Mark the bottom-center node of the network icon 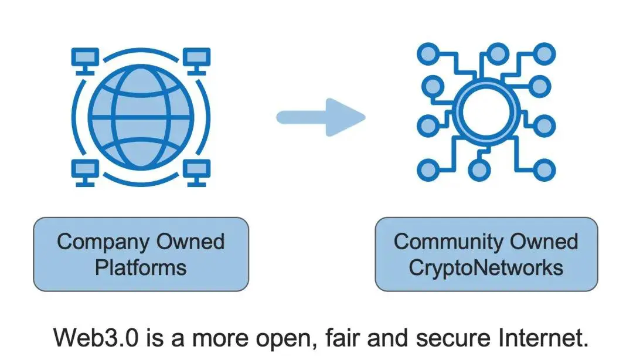click(x=480, y=170)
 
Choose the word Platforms click(x=141, y=268)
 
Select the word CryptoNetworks click(x=486, y=268)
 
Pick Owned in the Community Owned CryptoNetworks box click(x=543, y=242)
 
